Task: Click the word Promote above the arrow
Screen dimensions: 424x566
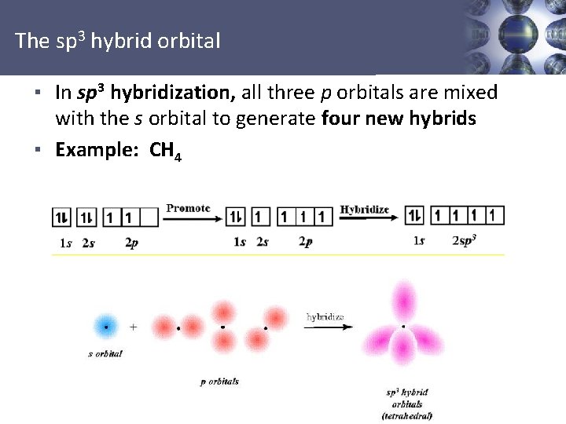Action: coord(188,208)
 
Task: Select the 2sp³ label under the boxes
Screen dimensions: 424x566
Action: coord(465,241)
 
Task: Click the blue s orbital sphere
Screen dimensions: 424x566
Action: coord(105,325)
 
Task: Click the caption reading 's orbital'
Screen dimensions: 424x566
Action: coord(105,354)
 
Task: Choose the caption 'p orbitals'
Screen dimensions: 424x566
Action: coord(219,382)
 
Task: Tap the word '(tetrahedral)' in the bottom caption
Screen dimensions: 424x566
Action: coord(406,415)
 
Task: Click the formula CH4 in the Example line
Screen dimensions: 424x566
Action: coord(166,151)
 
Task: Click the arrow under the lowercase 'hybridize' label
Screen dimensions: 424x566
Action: coord(325,327)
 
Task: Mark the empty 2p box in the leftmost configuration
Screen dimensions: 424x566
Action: coord(149,217)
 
